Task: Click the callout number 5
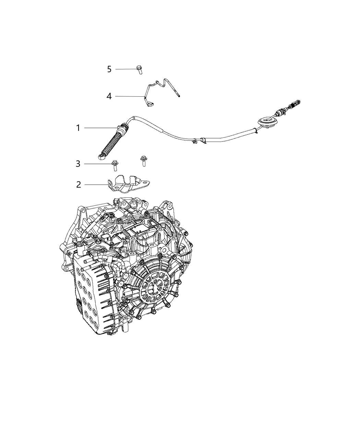pos(109,69)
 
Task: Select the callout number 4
pos(109,96)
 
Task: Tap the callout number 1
pos(78,128)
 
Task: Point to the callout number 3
pos(78,164)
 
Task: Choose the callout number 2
pos(79,185)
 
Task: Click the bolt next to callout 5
pos(139,69)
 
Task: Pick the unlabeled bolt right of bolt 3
pos(142,161)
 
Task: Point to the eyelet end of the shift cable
pos(101,157)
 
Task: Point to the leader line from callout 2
pos(96,185)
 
